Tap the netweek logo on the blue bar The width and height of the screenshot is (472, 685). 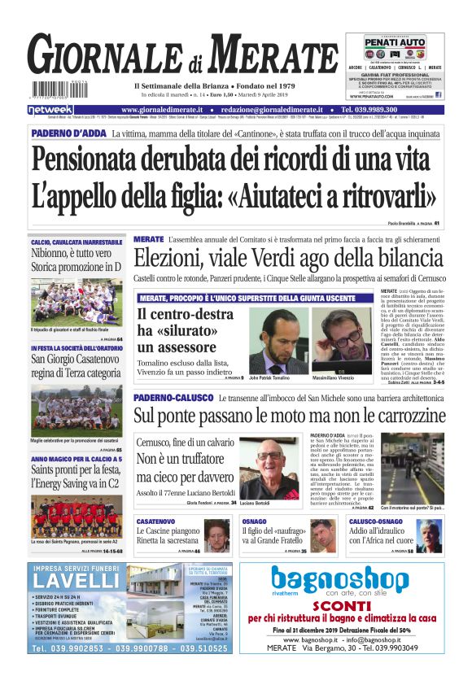[50, 109]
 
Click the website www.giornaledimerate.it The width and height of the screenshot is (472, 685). [164, 109]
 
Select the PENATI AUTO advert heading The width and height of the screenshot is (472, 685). [395, 41]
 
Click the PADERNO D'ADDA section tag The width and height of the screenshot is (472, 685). [68, 133]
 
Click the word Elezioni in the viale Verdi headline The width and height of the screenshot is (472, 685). [168, 260]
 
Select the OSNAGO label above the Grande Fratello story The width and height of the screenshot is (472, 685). [254, 521]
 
